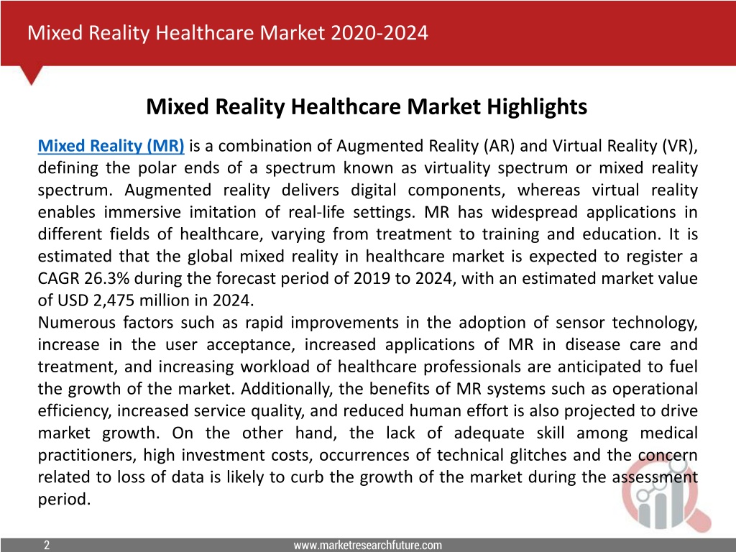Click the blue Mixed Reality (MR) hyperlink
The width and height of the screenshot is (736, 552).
[111, 146]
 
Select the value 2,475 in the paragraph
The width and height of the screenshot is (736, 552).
[114, 300]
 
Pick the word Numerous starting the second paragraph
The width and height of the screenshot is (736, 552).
[77, 323]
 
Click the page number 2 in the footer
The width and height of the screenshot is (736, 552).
[47, 545]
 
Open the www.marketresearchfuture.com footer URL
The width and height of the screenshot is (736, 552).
[367, 545]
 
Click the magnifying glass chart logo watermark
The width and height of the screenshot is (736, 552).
[665, 494]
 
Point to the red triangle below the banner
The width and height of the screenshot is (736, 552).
[32, 75]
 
